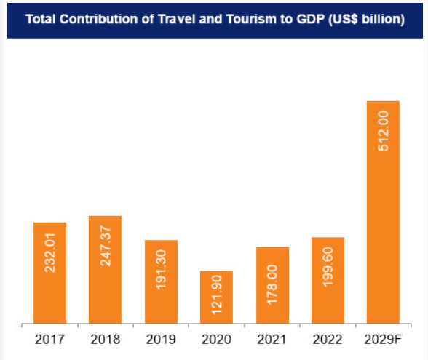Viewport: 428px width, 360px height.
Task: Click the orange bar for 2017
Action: tap(49, 273)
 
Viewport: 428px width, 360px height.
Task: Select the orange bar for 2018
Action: tap(105, 269)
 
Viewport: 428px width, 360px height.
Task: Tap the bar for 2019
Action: tap(161, 281)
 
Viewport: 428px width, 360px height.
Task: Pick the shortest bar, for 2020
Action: tap(216, 297)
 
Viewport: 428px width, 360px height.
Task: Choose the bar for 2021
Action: tap(272, 285)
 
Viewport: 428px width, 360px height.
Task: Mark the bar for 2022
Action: tap(328, 280)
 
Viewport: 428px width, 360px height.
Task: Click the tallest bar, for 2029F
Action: tap(383, 211)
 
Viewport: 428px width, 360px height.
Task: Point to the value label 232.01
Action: tap(50, 252)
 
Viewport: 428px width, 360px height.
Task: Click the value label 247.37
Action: tap(106, 246)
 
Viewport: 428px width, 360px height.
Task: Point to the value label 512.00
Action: tap(384, 130)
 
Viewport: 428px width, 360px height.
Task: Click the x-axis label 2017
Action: tap(49, 339)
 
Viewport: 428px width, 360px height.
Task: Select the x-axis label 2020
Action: tap(216, 339)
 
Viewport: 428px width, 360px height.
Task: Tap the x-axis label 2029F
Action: tap(383, 339)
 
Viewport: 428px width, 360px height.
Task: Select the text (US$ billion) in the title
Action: tap(368, 20)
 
